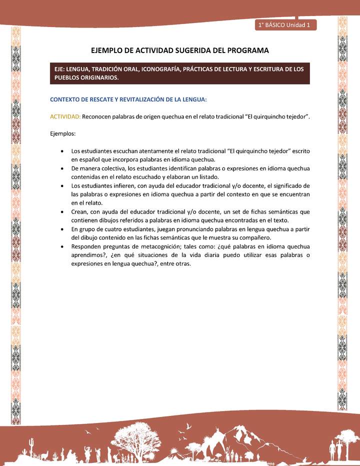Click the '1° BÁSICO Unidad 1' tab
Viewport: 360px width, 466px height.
285,24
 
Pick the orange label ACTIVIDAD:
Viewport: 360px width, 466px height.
65,116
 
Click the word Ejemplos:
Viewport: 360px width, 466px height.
62,133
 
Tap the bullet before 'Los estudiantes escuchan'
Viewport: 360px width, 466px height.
61,150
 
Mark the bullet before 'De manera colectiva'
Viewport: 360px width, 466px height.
61,168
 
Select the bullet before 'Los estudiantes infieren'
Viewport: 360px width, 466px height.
61,185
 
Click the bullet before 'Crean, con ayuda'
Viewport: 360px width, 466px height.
61,211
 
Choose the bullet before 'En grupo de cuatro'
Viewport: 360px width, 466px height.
61,229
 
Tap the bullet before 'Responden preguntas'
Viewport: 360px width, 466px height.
61,246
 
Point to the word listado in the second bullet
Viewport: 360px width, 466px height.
208,176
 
